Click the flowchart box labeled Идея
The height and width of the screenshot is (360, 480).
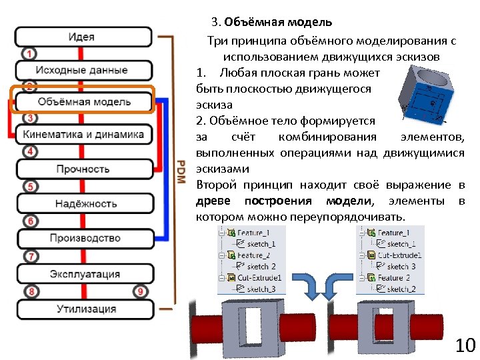point(83,37)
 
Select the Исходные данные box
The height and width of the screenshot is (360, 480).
point(83,69)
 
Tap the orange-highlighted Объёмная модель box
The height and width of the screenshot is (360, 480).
point(83,102)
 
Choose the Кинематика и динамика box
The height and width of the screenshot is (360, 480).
point(83,135)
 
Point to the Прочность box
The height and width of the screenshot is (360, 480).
point(83,169)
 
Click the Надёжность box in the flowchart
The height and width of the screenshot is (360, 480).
point(83,203)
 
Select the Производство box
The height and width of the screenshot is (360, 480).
point(83,238)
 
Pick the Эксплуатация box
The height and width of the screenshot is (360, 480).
point(83,274)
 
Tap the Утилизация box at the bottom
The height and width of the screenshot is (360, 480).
point(83,309)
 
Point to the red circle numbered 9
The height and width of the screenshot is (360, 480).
point(140,291)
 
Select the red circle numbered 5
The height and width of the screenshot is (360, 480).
point(29,187)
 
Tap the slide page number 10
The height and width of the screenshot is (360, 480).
point(464,345)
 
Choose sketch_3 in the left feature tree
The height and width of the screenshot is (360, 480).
point(261,289)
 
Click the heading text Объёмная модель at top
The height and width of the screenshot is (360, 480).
point(277,22)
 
